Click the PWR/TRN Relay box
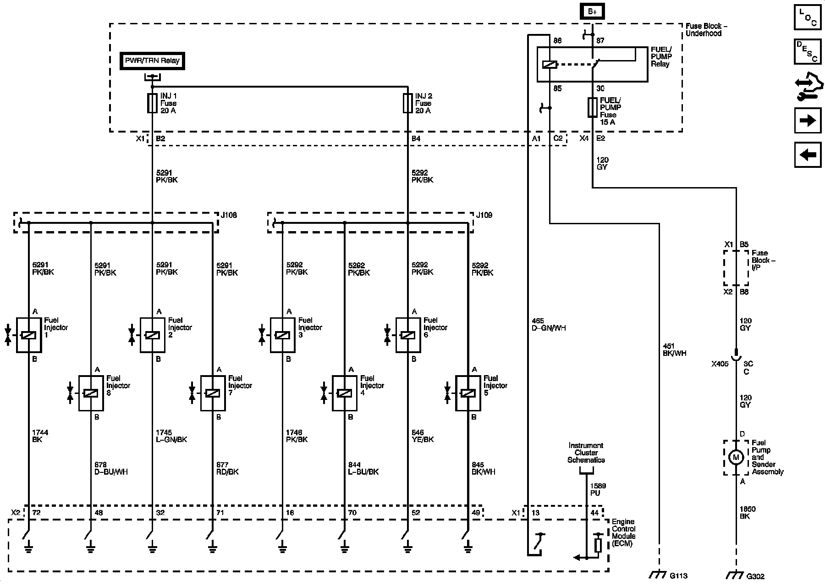pos(152,61)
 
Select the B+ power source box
pos(592,12)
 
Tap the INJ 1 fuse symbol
pos(152,103)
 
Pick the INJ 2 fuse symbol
pos(407,103)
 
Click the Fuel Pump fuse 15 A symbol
pos(592,107)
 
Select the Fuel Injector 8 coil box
pos(91,393)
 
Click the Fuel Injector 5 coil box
pos(468,393)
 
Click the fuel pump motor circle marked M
pos(736,457)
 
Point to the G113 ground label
pos(678,576)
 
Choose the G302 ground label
pos(755,576)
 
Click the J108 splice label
pos(229,215)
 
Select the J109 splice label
pos(484,215)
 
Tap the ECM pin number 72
pos(36,512)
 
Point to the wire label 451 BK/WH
pos(674,350)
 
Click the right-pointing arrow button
pos(808,121)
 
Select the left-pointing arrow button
pos(808,155)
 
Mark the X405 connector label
pos(720,364)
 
